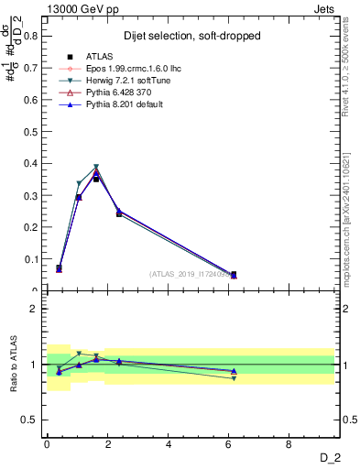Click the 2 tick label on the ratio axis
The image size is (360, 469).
click(x=35, y=309)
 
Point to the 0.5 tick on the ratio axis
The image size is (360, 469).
click(x=31, y=420)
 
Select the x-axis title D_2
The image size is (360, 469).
click(x=331, y=458)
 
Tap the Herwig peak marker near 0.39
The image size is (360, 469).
click(x=96, y=168)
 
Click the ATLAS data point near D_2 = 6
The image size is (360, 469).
click(x=234, y=274)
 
